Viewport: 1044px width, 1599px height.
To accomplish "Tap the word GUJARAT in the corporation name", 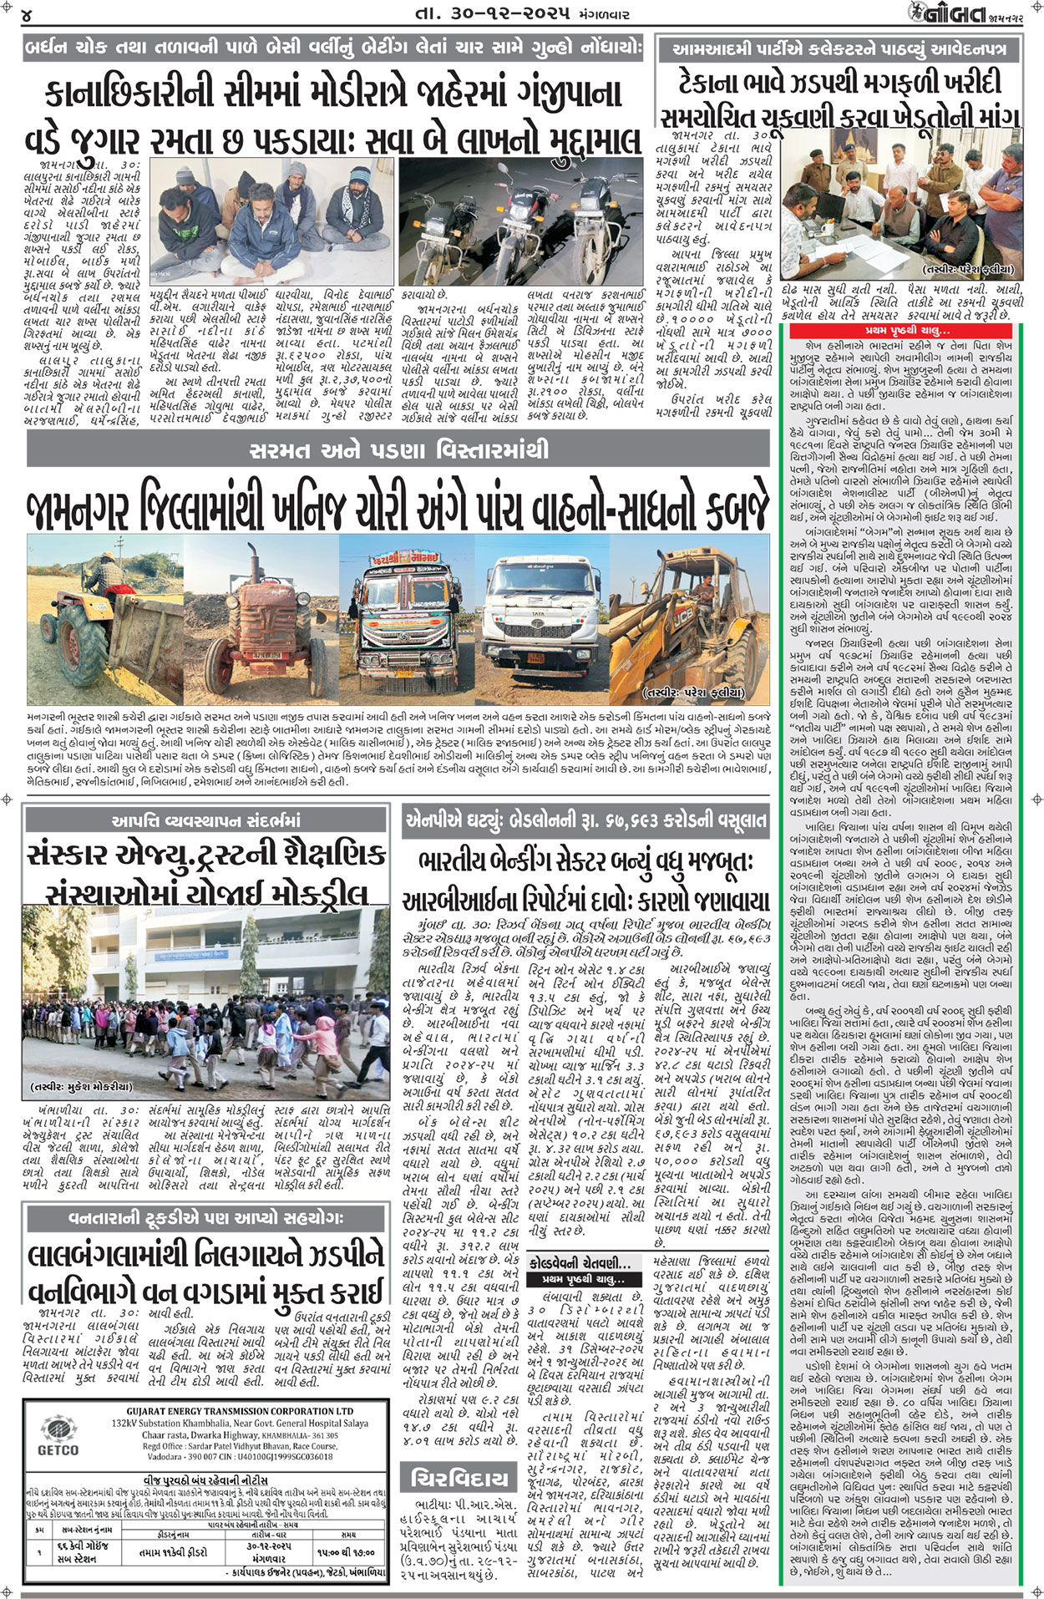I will (147, 1411).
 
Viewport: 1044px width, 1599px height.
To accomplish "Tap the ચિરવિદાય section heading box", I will (459, 1480).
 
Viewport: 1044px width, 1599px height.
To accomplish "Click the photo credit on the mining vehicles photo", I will (692, 693).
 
